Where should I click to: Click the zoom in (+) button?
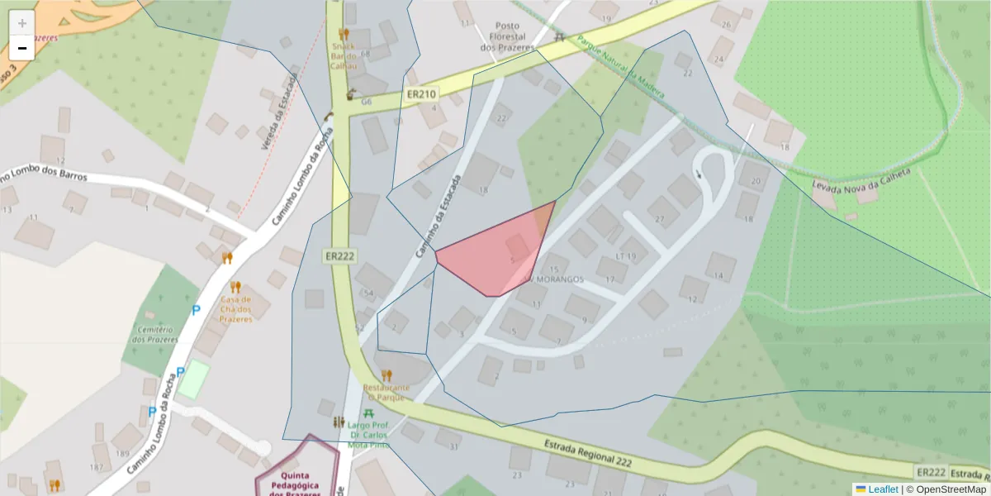22,23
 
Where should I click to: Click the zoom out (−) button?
22,49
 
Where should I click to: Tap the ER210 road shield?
421,95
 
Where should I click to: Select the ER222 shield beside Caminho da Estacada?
339,256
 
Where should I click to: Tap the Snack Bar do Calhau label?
343,56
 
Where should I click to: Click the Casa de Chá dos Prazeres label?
235,309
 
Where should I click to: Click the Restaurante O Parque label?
386,392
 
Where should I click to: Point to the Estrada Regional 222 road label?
587,454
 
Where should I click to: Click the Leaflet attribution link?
883,489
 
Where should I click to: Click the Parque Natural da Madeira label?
619,67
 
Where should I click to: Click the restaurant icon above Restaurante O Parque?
386,375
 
